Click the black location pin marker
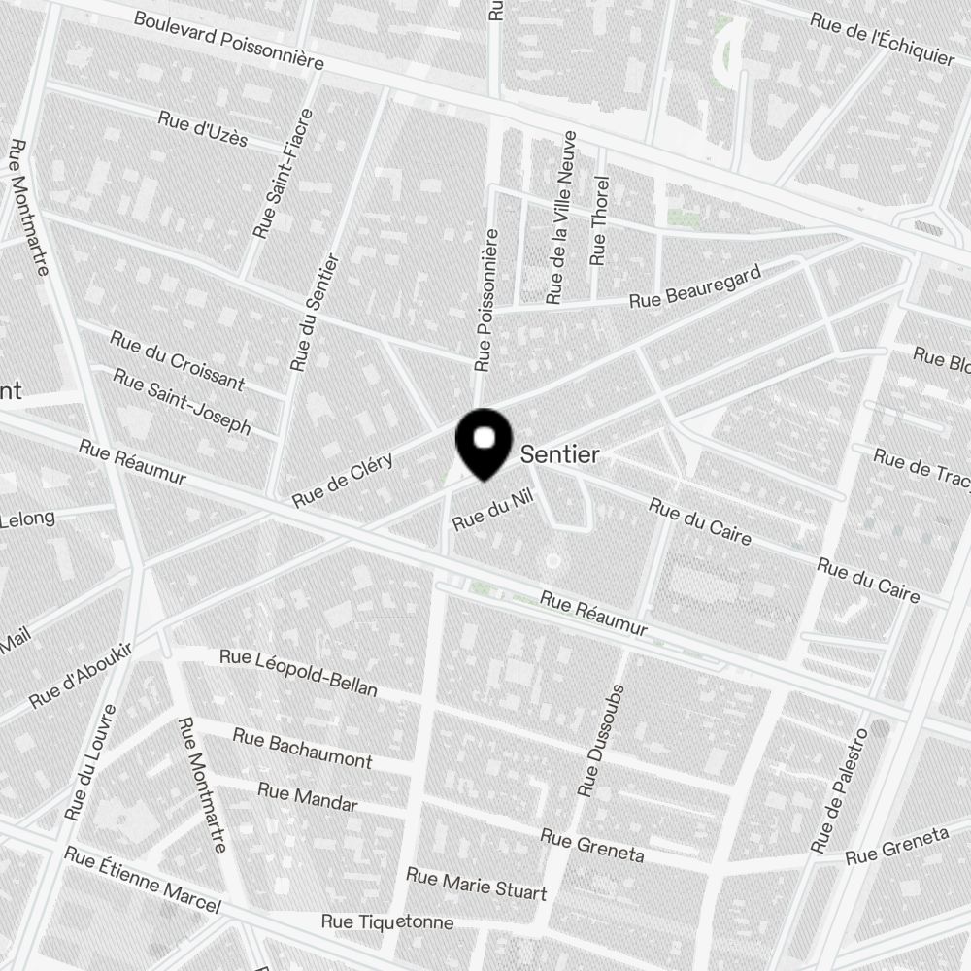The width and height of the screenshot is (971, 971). click(484, 442)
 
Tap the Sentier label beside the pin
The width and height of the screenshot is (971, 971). click(560, 453)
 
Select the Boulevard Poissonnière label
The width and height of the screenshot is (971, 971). click(228, 40)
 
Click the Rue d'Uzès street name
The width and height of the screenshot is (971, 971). click(202, 128)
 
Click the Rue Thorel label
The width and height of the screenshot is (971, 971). click(600, 220)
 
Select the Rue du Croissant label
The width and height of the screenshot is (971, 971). click(177, 360)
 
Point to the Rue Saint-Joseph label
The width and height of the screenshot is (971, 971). click(182, 401)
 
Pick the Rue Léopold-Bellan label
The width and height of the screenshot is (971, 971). click(298, 672)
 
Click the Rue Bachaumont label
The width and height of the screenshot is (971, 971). click(302, 748)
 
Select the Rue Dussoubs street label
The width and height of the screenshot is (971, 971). click(601, 741)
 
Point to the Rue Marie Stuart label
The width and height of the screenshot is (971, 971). click(476, 885)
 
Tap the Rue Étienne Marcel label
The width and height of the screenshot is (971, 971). click(142, 880)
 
